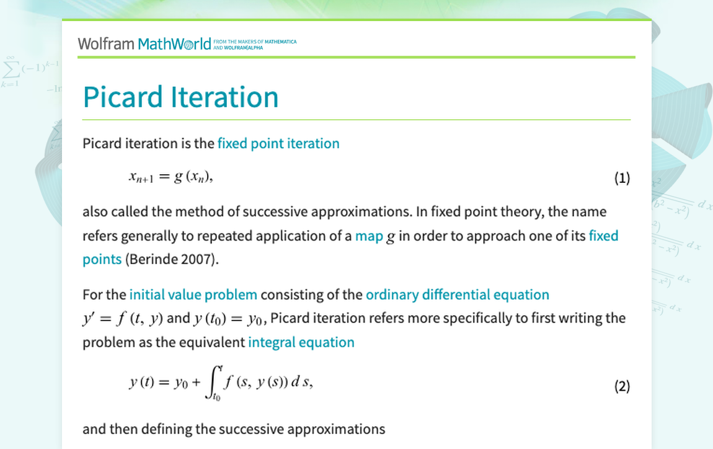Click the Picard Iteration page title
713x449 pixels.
click(x=180, y=97)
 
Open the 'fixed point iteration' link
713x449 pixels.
click(x=278, y=144)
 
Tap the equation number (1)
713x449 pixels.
click(x=622, y=178)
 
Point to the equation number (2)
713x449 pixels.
click(x=622, y=386)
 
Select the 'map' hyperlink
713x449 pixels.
click(x=369, y=236)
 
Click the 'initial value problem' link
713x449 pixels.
click(x=193, y=295)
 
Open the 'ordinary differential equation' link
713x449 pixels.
click(x=458, y=295)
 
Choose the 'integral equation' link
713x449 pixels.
click(x=301, y=342)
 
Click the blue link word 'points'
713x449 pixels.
click(x=102, y=259)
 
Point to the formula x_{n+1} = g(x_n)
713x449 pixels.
click(x=171, y=177)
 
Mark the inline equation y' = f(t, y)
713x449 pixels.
click(x=123, y=318)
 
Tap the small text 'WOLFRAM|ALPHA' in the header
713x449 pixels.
click(x=243, y=48)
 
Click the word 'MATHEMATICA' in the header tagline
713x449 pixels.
click(x=281, y=42)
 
